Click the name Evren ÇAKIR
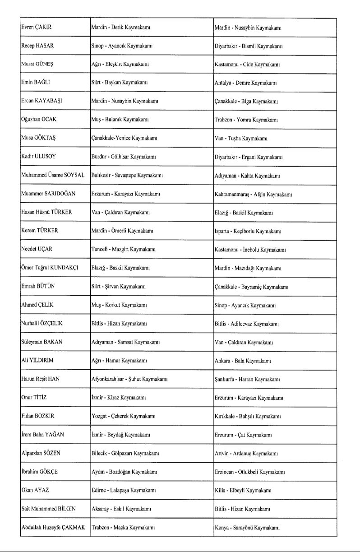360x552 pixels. point(37,28)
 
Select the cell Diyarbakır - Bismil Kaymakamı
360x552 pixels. point(248,46)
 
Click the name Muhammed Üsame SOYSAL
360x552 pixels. point(53,175)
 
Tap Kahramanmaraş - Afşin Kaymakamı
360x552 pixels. point(253,195)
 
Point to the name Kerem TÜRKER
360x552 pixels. point(40,231)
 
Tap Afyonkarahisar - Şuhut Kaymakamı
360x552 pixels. point(129,379)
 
